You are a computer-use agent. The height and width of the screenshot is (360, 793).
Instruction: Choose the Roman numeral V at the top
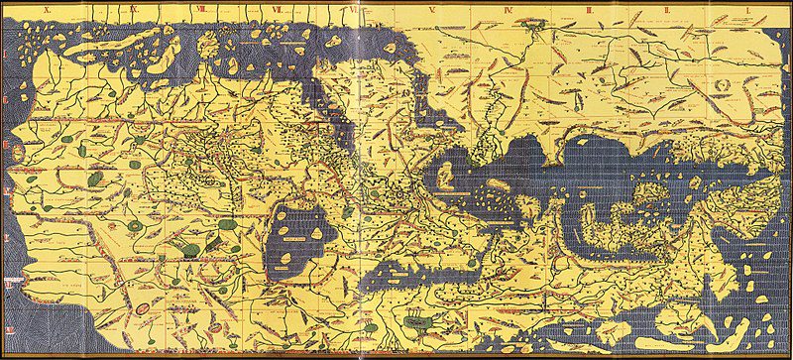click(x=432, y=7)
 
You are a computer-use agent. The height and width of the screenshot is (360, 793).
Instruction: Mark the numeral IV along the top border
click(x=507, y=7)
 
